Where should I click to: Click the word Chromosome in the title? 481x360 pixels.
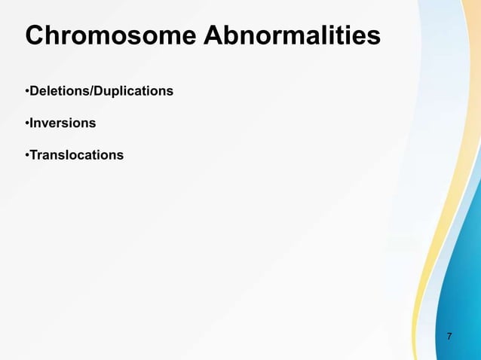point(112,35)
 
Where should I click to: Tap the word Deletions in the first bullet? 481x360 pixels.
point(57,91)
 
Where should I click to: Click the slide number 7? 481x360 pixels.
point(450,336)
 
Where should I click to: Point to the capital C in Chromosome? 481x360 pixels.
point(35,35)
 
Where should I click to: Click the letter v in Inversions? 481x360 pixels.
point(45,124)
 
